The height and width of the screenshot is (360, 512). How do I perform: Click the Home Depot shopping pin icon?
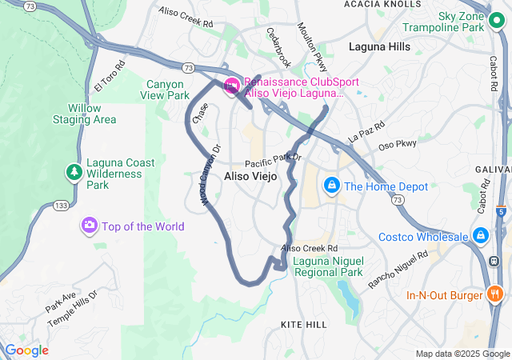(331, 186)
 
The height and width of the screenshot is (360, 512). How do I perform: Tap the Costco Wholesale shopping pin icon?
(481, 237)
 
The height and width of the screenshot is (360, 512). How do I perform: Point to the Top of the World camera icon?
(90, 226)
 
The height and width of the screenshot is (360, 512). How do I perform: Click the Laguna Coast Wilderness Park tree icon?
(74, 172)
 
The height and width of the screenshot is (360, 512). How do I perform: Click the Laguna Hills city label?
(379, 46)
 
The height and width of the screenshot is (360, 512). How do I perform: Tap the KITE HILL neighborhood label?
(304, 324)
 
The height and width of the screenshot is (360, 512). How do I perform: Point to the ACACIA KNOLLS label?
(382, 5)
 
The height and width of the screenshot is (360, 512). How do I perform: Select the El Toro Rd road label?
(110, 75)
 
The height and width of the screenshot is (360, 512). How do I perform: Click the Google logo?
(26, 350)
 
